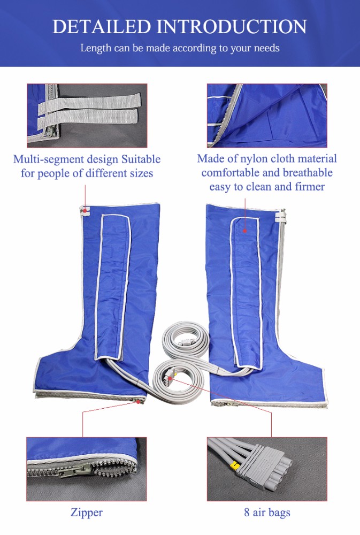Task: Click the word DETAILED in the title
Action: [x=101, y=27]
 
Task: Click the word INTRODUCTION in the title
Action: [x=232, y=27]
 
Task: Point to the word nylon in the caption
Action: [x=255, y=159]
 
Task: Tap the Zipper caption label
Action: [x=86, y=513]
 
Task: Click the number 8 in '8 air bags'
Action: [x=247, y=512]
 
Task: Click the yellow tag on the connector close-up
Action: [x=234, y=464]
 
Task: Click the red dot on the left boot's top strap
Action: [x=85, y=211]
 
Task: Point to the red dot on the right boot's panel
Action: [x=244, y=231]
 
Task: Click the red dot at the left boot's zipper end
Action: [x=138, y=402]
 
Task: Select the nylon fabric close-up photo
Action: [x=267, y=116]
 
